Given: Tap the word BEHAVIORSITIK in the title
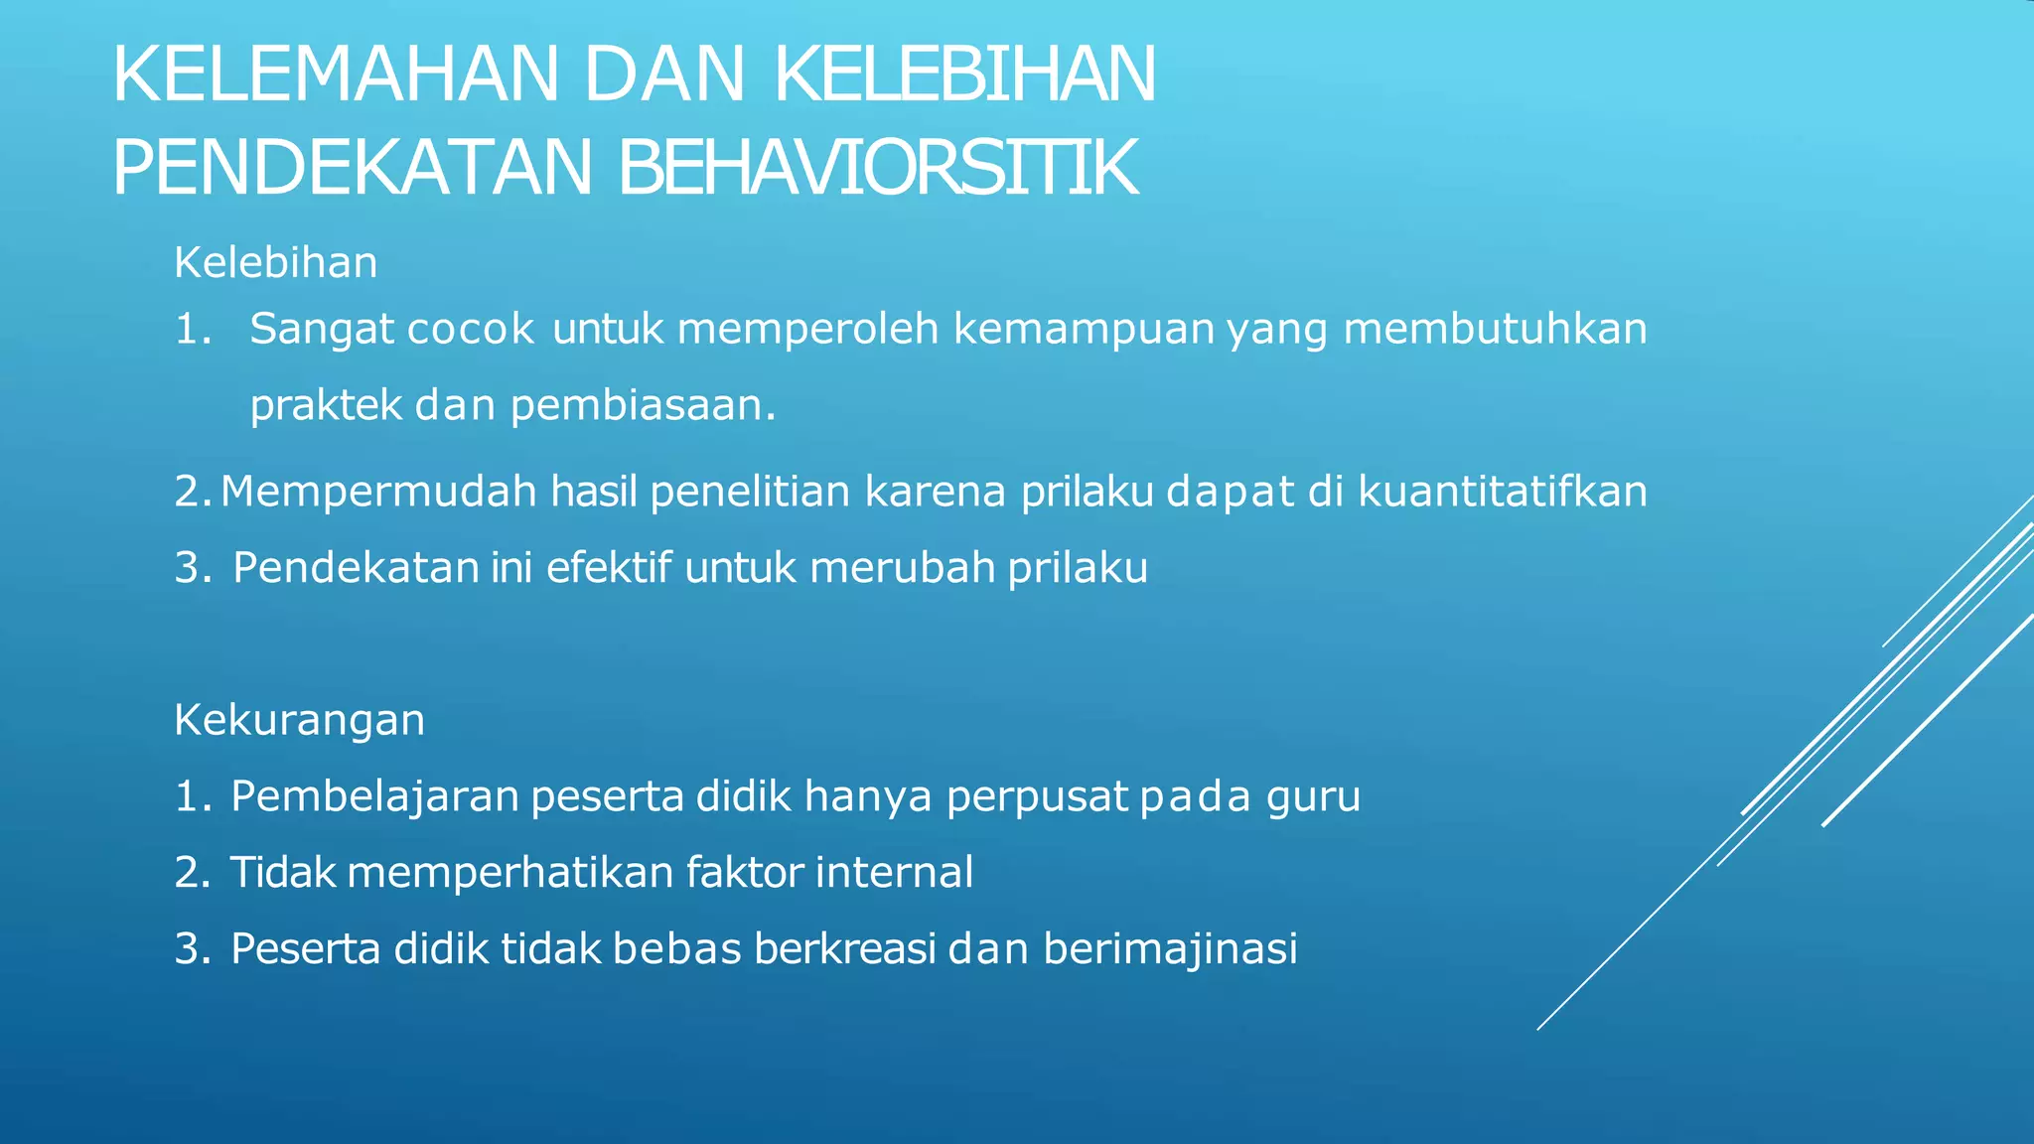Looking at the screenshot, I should [x=877, y=169].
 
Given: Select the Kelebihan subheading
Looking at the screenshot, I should [x=276, y=263].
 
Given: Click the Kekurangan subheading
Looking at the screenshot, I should [x=299, y=720].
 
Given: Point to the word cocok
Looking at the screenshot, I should [x=471, y=329].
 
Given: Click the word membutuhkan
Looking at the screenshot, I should [x=1495, y=329].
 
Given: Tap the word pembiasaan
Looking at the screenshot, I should [x=642, y=405].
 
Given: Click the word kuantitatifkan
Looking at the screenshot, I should [x=1502, y=492].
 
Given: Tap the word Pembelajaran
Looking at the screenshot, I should [x=374, y=796].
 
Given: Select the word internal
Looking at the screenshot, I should [x=894, y=873].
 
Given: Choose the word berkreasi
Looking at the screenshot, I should [x=844, y=949].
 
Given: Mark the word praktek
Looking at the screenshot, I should [x=326, y=405].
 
